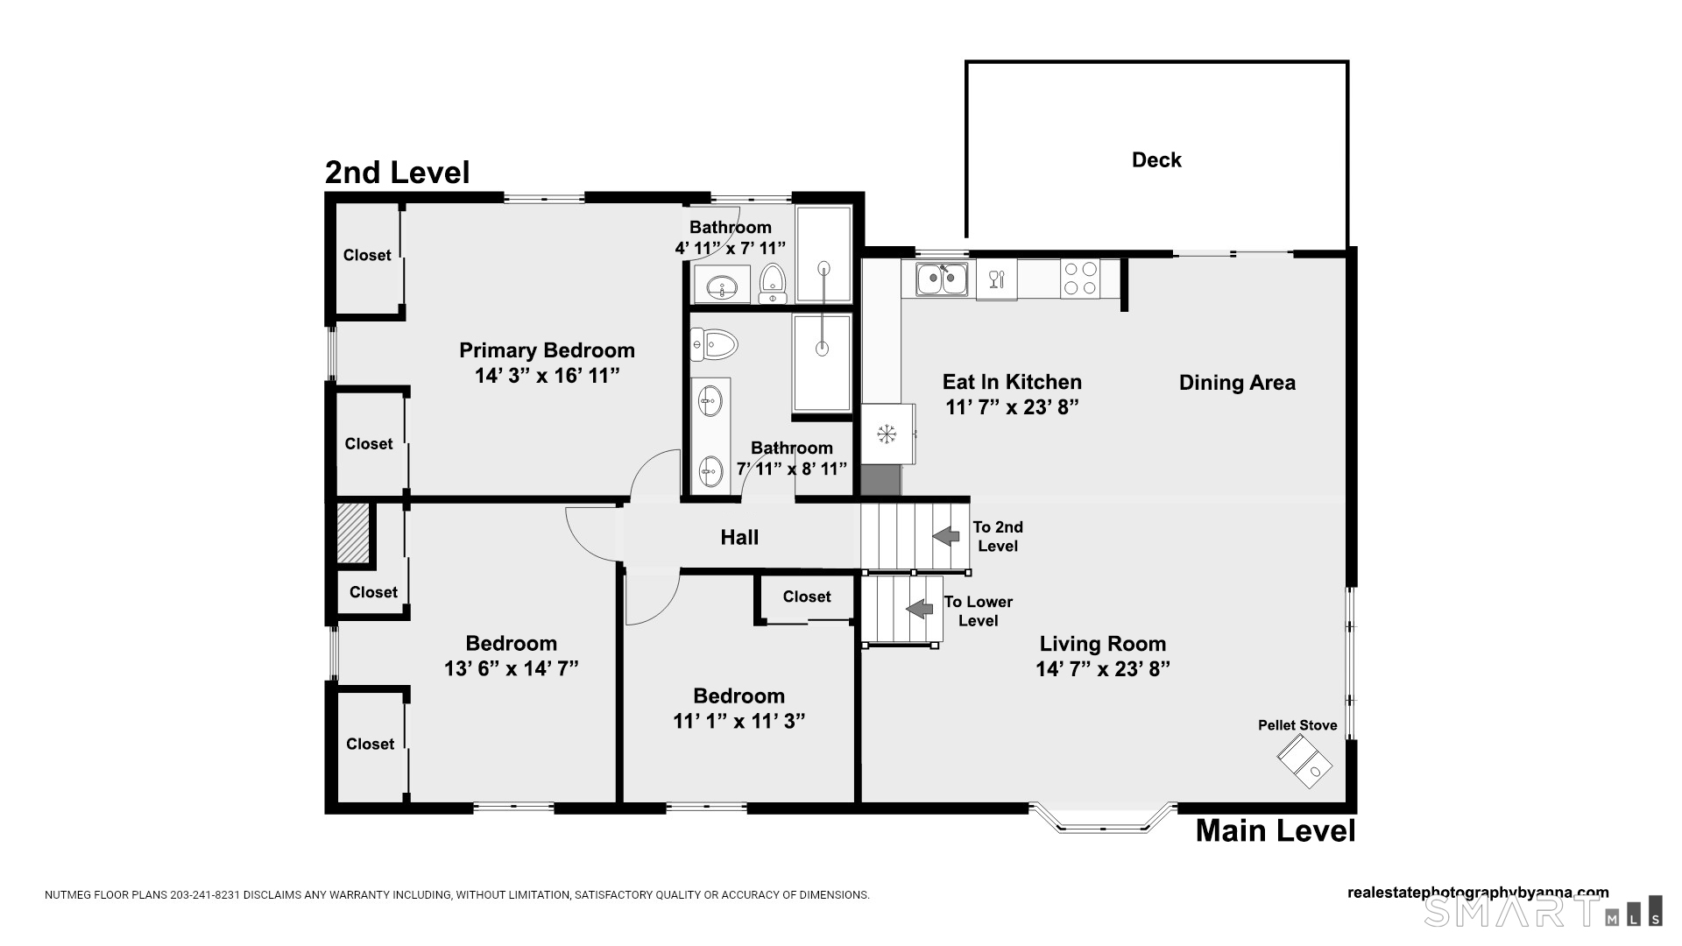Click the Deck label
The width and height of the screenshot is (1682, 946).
tap(1156, 160)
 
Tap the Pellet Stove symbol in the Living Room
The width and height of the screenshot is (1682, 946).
tap(1304, 760)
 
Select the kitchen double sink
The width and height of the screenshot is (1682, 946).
tap(942, 279)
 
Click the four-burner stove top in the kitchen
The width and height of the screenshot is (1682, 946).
tap(1080, 279)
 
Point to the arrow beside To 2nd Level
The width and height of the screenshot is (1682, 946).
tap(946, 535)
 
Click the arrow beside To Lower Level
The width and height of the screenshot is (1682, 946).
tap(920, 609)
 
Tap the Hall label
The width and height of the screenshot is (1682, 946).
tap(739, 538)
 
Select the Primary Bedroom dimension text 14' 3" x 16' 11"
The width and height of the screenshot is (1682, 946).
tap(548, 376)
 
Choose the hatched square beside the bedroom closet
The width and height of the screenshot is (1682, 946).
tap(354, 533)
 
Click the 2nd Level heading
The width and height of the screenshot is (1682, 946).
tap(397, 173)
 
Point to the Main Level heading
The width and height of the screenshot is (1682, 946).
tap(1276, 830)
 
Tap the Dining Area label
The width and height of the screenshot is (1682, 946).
tap(1237, 383)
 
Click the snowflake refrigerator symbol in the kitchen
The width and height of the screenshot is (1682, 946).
tap(887, 434)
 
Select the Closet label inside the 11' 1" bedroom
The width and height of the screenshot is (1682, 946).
tap(807, 597)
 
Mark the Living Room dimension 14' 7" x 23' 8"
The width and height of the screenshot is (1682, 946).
tap(1103, 669)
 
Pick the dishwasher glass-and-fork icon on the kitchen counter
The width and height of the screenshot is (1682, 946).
tap(997, 279)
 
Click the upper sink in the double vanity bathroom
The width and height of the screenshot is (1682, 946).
tap(710, 402)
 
